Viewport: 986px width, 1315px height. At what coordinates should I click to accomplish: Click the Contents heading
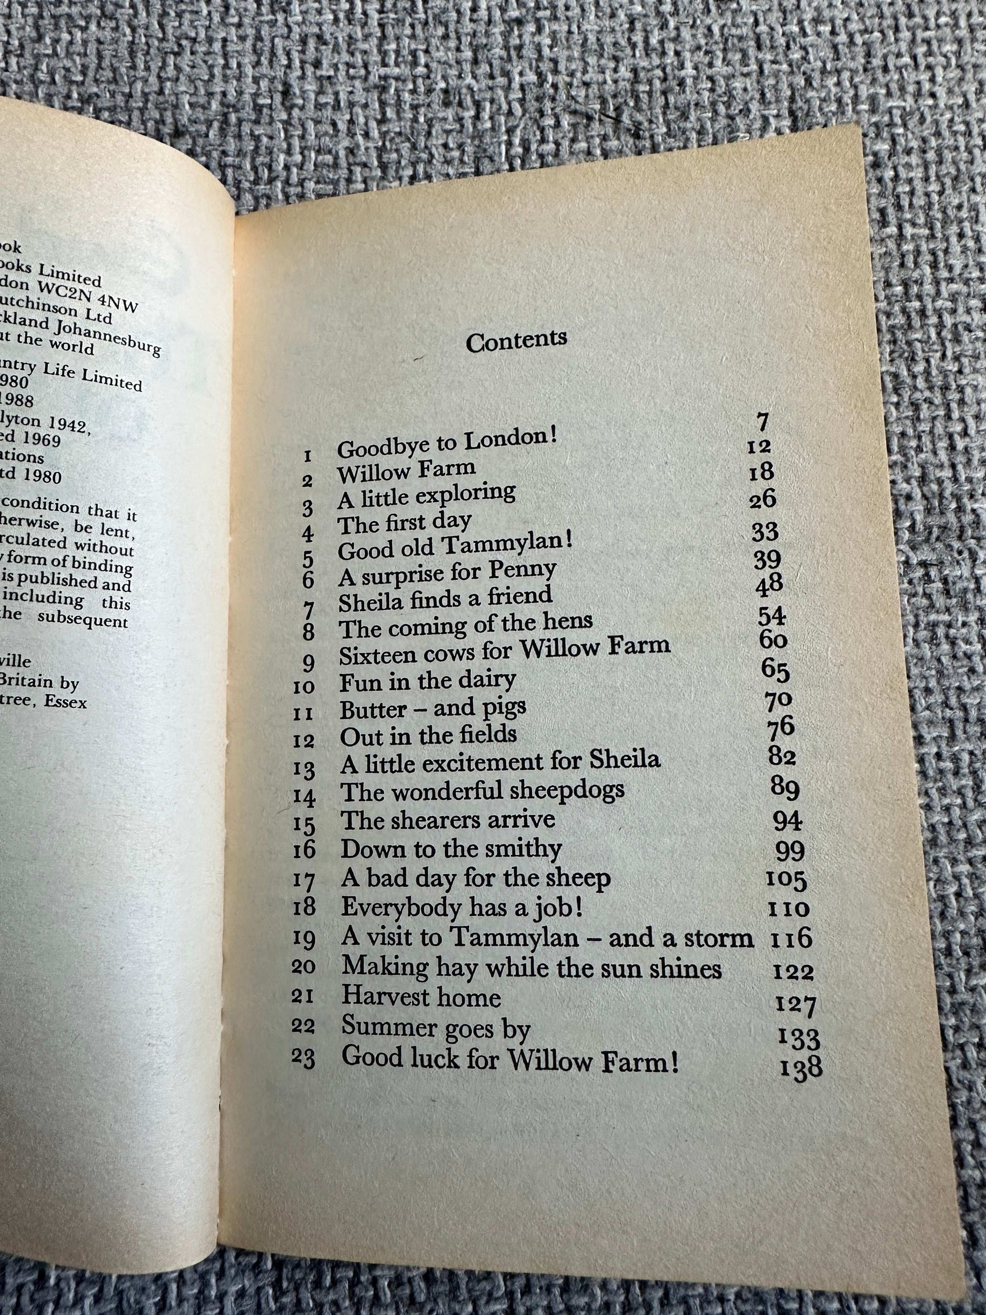[516, 341]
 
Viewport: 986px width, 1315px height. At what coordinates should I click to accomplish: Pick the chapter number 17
[305, 880]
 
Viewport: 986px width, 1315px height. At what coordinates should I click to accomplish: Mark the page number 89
[784, 789]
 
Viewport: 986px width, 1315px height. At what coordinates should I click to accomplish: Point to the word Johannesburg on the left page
[109, 336]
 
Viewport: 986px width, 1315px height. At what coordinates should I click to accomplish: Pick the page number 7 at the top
[763, 423]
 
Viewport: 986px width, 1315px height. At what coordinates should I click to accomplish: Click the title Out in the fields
[428, 735]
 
